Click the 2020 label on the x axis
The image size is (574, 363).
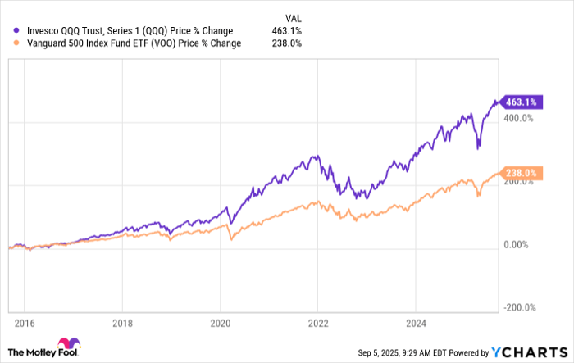coord(221,322)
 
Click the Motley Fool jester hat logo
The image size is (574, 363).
coord(67,346)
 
